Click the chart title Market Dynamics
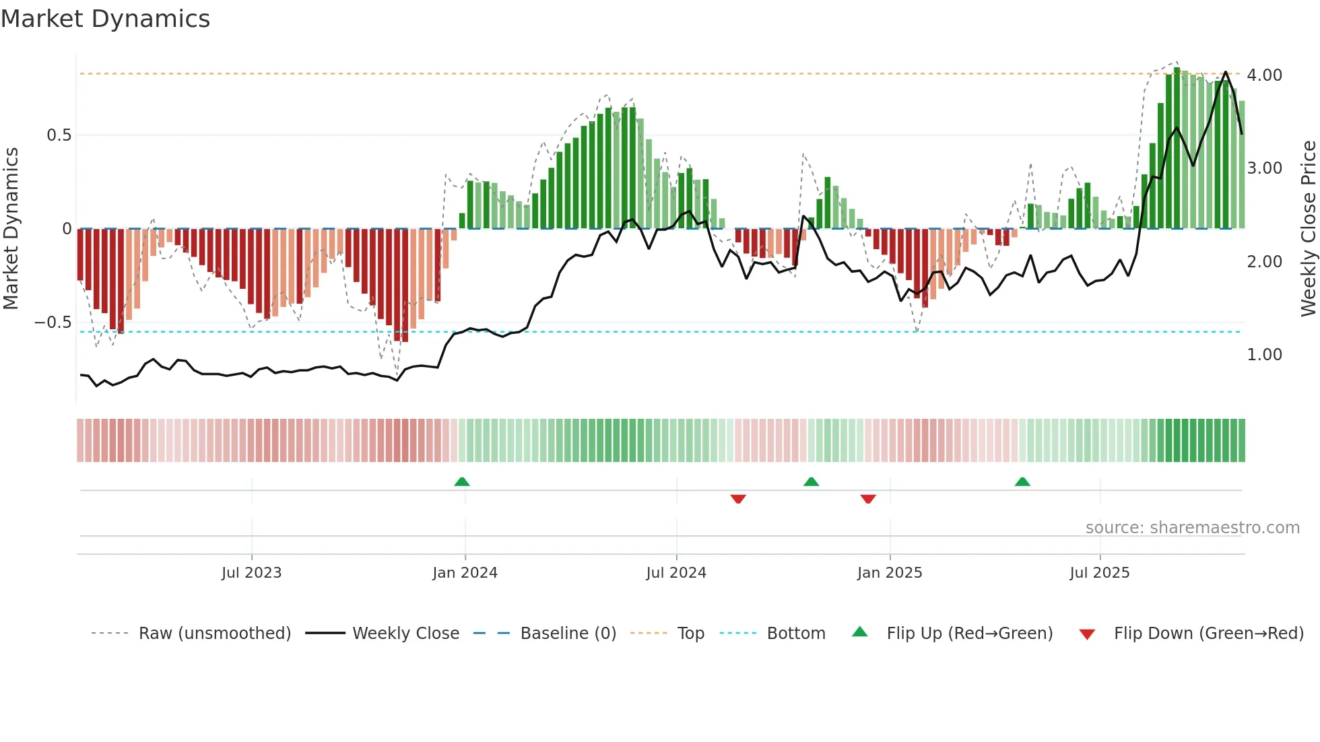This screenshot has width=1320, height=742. coord(105,19)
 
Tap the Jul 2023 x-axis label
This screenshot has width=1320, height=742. coord(251,573)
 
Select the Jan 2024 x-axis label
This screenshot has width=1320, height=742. coord(465,573)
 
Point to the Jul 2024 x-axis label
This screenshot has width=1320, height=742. coord(676,573)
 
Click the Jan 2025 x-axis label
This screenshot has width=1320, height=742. coord(890,573)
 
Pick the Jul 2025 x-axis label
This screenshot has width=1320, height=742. coord(1100,573)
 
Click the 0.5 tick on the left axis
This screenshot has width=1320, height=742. coord(59,135)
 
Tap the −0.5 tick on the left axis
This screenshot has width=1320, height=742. coord(53,323)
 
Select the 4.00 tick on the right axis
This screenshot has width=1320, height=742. coord(1264,75)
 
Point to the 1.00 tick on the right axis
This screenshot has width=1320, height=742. coord(1264,355)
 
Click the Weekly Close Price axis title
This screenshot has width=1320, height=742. coord(1308,228)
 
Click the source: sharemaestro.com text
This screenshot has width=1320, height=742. coord(1192,528)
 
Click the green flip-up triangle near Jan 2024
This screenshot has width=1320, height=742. coord(462,482)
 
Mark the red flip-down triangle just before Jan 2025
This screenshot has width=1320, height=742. coord(868,499)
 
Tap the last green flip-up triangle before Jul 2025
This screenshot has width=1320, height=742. coord(1022,482)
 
